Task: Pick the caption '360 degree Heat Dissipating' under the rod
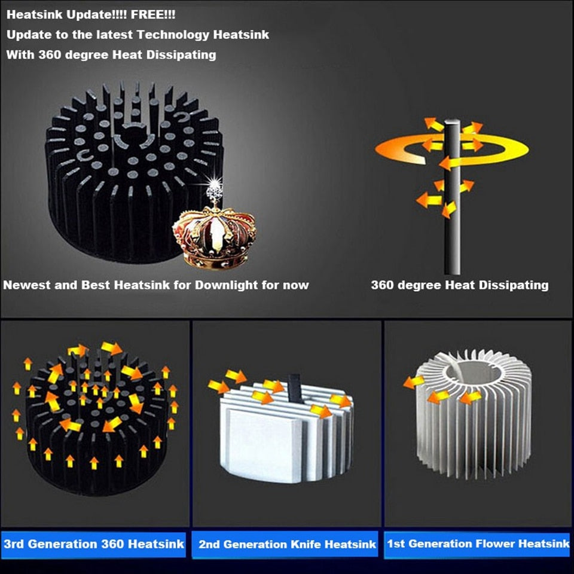coord(459,285)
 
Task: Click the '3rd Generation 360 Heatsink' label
coord(94,544)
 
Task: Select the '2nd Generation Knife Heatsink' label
coord(287,544)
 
